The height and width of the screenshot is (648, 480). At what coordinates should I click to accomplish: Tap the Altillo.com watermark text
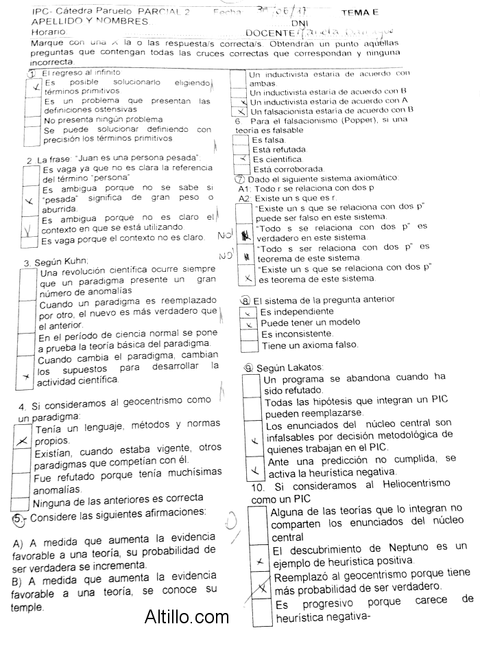point(187,617)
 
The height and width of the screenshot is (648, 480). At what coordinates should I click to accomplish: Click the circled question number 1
point(31,73)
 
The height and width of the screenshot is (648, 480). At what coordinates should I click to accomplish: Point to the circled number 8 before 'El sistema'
point(246,300)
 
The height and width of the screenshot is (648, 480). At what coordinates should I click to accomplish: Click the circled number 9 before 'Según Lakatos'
point(249,368)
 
